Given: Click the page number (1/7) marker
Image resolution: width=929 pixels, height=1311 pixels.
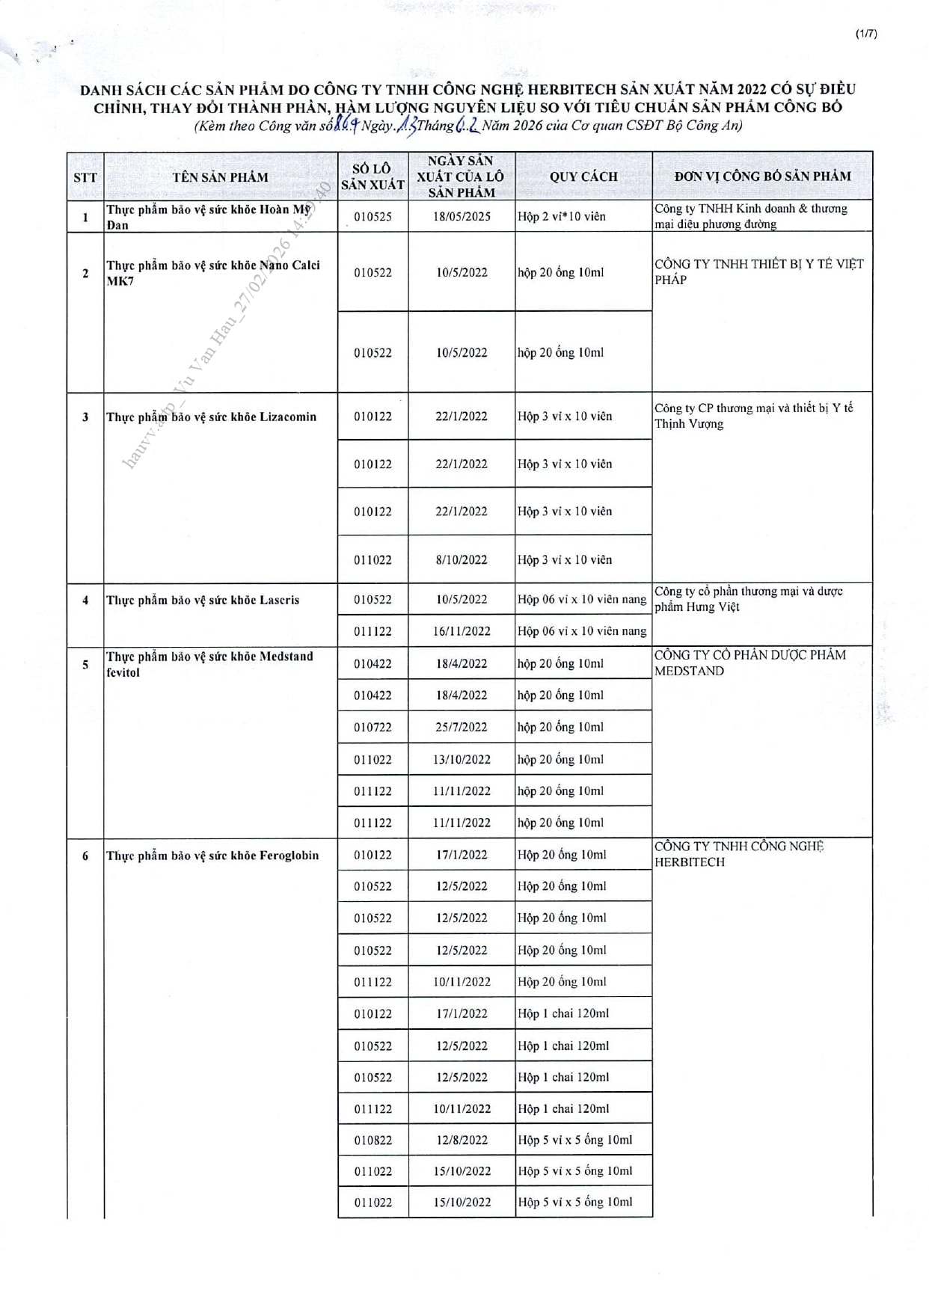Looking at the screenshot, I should click(x=865, y=33).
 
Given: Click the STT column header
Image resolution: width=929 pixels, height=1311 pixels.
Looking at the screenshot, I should click(x=85, y=177).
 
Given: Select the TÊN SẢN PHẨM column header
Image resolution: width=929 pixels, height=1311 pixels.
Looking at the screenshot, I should click(x=220, y=177).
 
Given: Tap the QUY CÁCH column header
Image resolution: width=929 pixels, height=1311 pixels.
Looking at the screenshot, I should click(x=583, y=176).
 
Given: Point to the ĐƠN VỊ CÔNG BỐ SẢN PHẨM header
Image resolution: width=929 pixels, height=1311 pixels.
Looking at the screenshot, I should click(x=762, y=176).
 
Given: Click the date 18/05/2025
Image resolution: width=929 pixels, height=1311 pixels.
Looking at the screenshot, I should click(x=462, y=217).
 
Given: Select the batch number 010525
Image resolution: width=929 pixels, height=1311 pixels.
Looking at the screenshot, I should click(x=372, y=217).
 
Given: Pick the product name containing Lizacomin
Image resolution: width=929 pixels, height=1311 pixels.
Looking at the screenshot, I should click(x=212, y=417).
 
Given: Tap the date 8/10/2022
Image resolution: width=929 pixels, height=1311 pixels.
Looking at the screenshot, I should click(x=462, y=559).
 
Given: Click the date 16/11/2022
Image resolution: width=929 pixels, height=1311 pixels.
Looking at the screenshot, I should click(x=462, y=631).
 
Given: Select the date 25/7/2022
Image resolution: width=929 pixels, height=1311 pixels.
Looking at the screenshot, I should click(x=462, y=727).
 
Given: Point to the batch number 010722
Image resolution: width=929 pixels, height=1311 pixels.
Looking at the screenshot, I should click(x=372, y=727).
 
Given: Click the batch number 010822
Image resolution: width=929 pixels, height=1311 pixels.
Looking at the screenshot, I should click(x=372, y=1140).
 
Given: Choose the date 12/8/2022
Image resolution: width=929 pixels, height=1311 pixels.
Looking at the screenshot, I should click(x=462, y=1140).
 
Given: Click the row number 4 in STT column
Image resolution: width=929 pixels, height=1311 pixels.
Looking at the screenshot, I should click(x=85, y=600).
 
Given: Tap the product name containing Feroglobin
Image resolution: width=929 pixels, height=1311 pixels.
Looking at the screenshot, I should click(x=212, y=856).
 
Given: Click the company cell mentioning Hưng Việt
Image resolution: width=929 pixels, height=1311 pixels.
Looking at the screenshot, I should click(x=748, y=599).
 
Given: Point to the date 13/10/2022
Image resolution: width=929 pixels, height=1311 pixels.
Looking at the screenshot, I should click(x=462, y=759).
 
